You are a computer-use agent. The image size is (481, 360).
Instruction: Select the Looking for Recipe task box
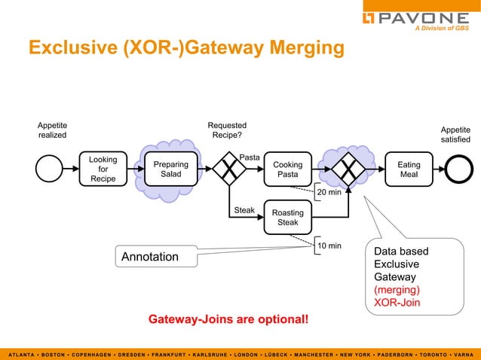pyautogui.click(x=103, y=169)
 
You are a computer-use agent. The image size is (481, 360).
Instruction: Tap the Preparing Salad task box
pyautogui.click(x=171, y=169)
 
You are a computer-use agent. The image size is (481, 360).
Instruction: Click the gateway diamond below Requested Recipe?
pyautogui.click(x=229, y=169)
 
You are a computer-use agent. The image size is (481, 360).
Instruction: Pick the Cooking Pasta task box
pyautogui.click(x=288, y=169)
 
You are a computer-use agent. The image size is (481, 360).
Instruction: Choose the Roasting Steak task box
pyautogui.click(x=288, y=217)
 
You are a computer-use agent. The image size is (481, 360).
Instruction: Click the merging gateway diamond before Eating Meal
pyautogui.click(x=348, y=169)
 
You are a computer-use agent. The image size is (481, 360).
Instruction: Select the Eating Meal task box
pyautogui.click(x=409, y=169)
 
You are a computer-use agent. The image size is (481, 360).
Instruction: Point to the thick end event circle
pyautogui.click(x=459, y=169)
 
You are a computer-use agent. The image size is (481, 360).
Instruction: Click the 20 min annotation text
pyautogui.click(x=329, y=192)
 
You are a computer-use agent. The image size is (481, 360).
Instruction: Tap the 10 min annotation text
pyautogui.click(x=329, y=246)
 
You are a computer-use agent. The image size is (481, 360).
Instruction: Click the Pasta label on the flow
pyautogui.click(x=250, y=157)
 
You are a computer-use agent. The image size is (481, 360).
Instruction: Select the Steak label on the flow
pyautogui.click(x=244, y=210)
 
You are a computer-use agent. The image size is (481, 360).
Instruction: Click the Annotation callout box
pyautogui.click(x=157, y=256)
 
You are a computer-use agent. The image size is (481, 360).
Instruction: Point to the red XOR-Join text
pyautogui.click(x=397, y=303)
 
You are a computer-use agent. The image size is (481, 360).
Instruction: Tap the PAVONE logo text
pyautogui.click(x=424, y=18)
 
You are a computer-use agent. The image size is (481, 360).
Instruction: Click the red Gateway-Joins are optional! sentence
pyautogui.click(x=228, y=319)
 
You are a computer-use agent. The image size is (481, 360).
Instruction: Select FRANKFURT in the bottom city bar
pyautogui.click(x=169, y=355)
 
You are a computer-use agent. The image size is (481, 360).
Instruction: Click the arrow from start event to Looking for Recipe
pyautogui.click(x=71, y=169)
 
